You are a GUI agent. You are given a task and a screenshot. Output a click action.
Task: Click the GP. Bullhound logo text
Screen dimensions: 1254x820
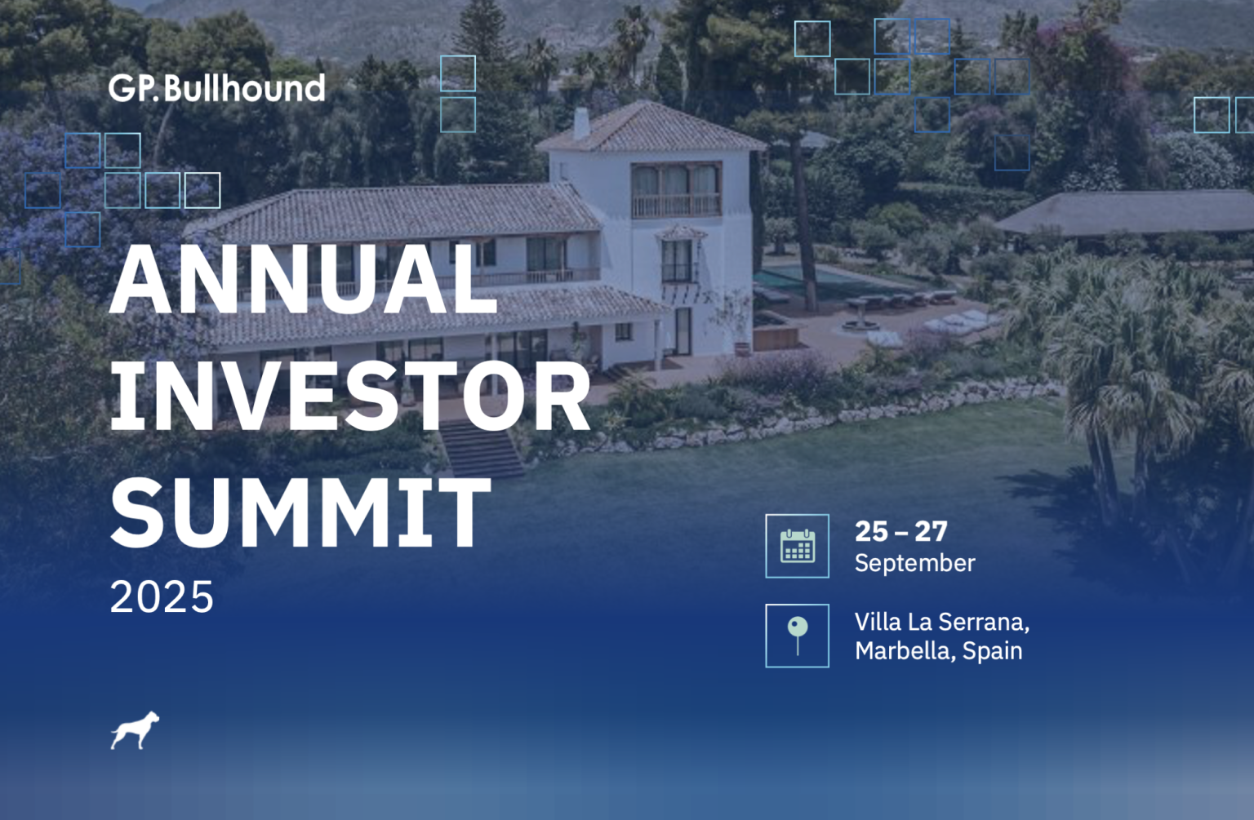[x=216, y=88]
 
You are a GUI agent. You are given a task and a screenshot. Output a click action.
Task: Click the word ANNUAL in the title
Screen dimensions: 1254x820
[x=304, y=280]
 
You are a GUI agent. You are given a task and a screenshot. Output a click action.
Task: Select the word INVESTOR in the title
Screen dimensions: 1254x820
[x=350, y=396]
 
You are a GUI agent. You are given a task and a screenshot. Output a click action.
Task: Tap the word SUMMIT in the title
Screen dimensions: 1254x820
[x=300, y=513]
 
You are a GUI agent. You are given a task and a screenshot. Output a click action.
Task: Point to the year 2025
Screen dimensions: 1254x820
[x=162, y=597]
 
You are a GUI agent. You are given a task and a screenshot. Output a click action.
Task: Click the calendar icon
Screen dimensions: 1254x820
[x=797, y=545]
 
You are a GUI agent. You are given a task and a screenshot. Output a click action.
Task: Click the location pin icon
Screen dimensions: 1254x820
[x=797, y=635]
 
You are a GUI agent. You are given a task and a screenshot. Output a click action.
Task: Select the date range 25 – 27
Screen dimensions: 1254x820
[x=900, y=531]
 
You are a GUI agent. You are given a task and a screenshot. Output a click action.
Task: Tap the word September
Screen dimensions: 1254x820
[x=914, y=564]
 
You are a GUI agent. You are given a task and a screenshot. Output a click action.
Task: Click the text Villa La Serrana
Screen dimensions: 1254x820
[x=941, y=622]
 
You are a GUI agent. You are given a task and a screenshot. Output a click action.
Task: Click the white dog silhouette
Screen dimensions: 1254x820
[x=135, y=730]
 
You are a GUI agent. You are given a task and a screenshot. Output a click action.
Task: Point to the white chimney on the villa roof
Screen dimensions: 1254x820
[x=581, y=123]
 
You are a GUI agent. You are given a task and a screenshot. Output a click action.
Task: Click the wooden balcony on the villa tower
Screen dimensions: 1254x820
[x=676, y=205]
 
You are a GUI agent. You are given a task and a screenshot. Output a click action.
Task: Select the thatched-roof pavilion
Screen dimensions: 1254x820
[x=1125, y=213]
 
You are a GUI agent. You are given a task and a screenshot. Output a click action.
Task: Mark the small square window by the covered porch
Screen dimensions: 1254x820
[x=623, y=332]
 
